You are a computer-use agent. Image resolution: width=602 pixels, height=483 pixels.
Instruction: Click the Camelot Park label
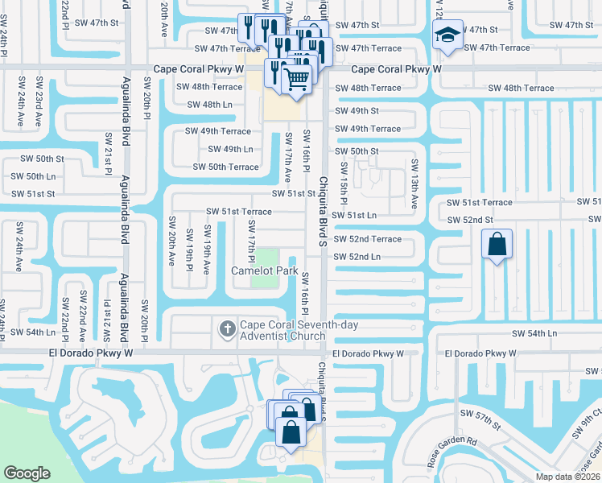coord(265,271)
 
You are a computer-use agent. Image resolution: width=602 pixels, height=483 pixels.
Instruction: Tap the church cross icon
coord(227,328)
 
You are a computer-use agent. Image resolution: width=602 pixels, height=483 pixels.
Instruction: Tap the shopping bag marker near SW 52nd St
coord(497,244)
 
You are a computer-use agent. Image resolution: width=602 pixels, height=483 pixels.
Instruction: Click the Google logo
coord(27,473)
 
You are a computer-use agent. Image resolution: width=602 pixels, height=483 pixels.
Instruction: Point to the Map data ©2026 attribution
coord(567,477)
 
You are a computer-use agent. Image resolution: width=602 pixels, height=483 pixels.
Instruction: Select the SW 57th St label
coord(480,413)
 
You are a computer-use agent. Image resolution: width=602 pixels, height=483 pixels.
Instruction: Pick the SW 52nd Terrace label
coord(368,239)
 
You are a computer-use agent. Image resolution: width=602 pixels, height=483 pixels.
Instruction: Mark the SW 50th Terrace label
coord(226,167)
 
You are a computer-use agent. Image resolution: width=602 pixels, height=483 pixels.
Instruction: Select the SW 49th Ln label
coord(230,149)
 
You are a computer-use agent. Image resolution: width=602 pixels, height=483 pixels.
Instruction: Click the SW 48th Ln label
coord(209,105)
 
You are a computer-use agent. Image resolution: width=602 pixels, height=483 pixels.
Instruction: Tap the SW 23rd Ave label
coord(38,108)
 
